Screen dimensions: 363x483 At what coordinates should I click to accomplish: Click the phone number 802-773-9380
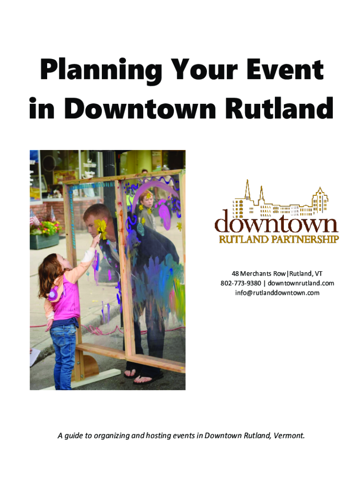[x=240, y=283]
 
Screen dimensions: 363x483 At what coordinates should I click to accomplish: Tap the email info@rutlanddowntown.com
[x=277, y=292]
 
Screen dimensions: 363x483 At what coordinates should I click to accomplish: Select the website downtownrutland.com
[x=301, y=283]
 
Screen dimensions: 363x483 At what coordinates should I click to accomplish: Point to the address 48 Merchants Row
[x=259, y=274]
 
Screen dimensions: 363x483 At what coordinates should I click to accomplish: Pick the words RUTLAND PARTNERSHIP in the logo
[x=279, y=239]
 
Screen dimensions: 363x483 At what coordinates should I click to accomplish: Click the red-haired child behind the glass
[x=148, y=209]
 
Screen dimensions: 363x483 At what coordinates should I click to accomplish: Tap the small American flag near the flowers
[x=34, y=217]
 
